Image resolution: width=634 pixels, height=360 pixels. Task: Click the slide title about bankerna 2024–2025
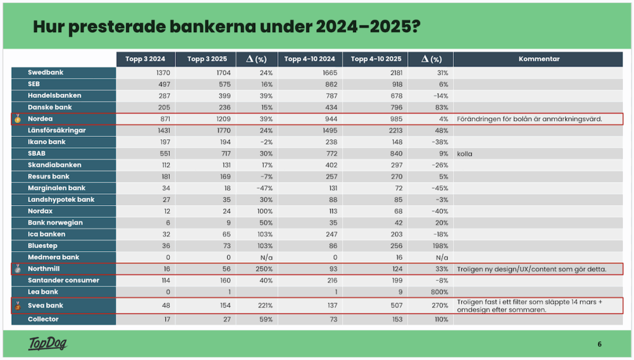tap(225, 27)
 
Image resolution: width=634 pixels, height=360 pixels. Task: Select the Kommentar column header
tap(539, 59)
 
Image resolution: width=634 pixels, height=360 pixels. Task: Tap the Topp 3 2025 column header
tap(206, 59)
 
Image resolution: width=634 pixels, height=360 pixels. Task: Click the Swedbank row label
tap(46, 72)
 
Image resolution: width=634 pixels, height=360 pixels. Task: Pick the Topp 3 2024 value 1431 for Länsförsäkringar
tap(157, 130)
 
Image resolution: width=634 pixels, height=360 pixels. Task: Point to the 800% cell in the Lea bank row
tap(440, 291)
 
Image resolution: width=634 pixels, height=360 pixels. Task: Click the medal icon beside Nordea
tap(18, 119)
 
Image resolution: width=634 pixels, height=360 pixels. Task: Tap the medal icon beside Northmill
tap(18, 269)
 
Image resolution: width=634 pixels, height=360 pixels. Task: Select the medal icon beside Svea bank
tap(18, 305)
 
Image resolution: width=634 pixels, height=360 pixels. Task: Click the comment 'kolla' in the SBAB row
tap(464, 154)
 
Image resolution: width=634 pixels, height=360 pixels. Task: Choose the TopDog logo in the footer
tap(47, 344)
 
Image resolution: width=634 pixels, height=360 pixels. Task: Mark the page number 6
tap(599, 345)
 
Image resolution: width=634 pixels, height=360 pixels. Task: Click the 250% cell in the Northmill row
tap(265, 269)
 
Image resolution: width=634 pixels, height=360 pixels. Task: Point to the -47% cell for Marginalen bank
tap(265, 188)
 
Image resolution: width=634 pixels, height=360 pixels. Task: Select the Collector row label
tap(43, 319)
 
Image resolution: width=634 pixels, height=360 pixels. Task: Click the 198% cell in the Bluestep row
tap(440, 246)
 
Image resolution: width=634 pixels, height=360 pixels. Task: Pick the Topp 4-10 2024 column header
tap(310, 59)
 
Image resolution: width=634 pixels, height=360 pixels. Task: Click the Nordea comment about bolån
tap(529, 119)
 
